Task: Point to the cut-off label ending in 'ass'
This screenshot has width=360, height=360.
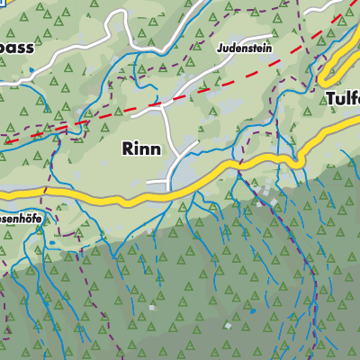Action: (16, 48)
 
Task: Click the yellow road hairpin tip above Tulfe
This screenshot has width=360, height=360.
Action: (325, 80)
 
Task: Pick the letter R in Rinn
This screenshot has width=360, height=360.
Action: (128, 149)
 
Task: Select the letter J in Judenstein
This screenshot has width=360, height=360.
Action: (220, 47)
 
